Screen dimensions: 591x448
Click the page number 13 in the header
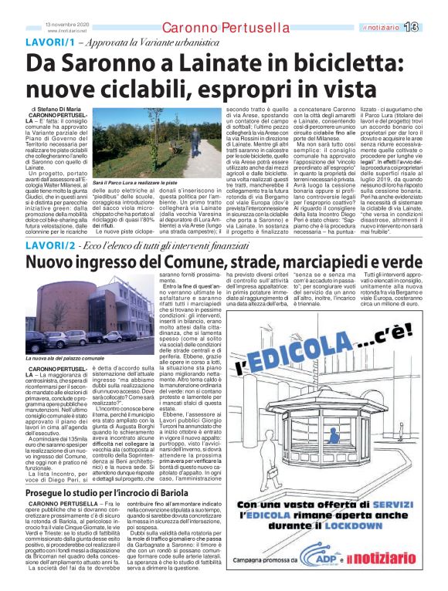pos(431,28)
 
